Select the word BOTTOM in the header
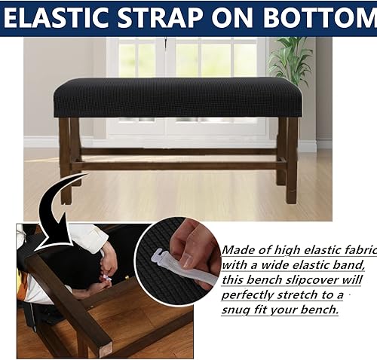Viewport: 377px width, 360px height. (x=325, y=17)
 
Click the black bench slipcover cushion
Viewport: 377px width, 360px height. (x=177, y=96)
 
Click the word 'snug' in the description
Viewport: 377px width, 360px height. (x=239, y=310)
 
